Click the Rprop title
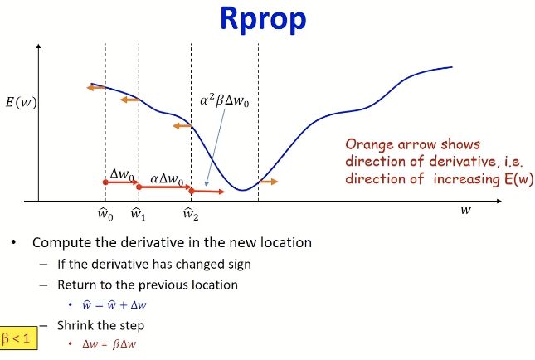click(263, 20)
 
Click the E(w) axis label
click(22, 102)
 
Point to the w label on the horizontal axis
click(465, 210)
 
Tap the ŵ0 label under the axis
click(105, 214)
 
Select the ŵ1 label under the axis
click(139, 214)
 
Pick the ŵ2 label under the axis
click(191, 214)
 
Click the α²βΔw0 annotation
click(225, 101)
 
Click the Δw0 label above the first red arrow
click(122, 174)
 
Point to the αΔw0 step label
click(167, 179)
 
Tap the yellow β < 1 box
click(18, 338)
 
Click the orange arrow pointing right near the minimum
click(269, 182)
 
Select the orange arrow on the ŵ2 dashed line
click(182, 126)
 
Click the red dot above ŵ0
click(105, 182)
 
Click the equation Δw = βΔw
click(109, 343)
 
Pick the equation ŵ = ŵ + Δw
click(114, 304)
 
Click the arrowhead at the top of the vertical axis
click(38, 46)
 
